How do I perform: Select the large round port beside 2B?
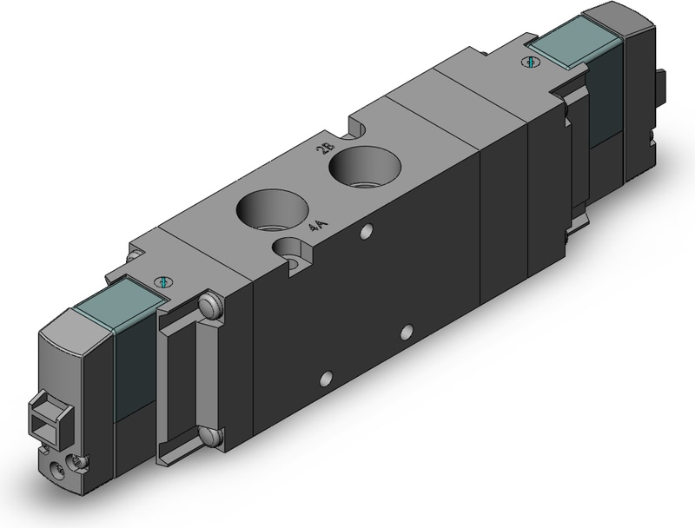pos(365,168)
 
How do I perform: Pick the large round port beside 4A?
pos(273,211)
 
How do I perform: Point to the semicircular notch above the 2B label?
pos(359,129)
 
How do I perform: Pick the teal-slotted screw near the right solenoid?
pos(530,62)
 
